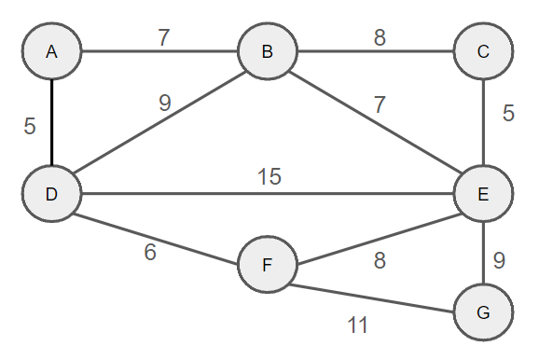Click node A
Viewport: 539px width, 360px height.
click(52, 50)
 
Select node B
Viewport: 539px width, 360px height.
click(267, 50)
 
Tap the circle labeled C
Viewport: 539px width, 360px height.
click(482, 50)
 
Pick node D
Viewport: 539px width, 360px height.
click(52, 194)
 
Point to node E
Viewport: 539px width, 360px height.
click(482, 194)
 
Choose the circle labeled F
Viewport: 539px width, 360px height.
click(267, 265)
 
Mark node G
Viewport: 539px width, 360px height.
click(482, 312)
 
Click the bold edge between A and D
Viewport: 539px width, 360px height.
click(52, 122)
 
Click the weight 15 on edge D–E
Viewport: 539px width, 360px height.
click(270, 177)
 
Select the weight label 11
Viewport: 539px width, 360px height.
click(358, 325)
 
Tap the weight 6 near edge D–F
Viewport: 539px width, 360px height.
click(149, 252)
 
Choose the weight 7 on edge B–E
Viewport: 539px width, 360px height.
click(379, 104)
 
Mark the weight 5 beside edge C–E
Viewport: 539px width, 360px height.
click(508, 114)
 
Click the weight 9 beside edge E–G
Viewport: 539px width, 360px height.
click(499, 260)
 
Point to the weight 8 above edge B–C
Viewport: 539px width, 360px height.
click(379, 37)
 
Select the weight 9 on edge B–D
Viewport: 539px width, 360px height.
click(164, 104)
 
